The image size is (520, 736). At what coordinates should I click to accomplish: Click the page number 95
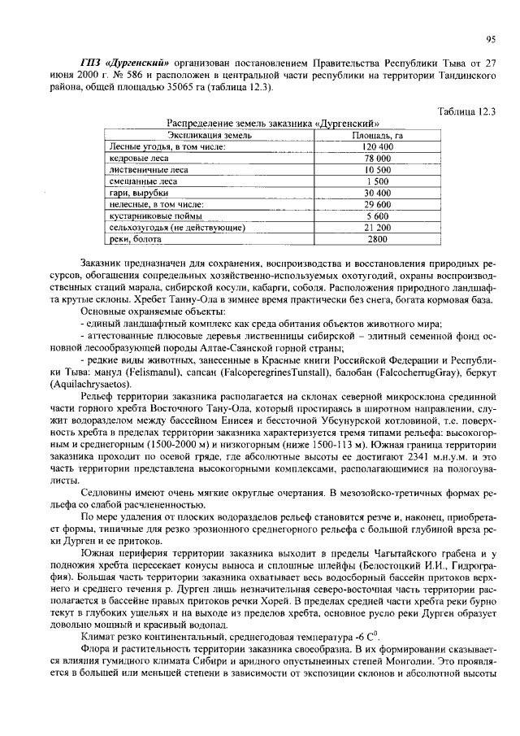[490, 37]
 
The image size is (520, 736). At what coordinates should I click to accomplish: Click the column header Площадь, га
[376, 135]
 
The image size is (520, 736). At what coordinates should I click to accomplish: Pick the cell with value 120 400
[377, 146]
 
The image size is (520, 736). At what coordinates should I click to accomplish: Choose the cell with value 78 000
[377, 158]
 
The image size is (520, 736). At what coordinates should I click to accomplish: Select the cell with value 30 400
[377, 193]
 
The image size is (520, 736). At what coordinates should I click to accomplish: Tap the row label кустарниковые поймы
[153, 216]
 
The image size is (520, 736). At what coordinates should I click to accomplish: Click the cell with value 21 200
[377, 228]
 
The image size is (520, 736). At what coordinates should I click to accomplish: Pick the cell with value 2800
[377, 240]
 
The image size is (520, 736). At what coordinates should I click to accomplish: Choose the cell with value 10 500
[377, 170]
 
